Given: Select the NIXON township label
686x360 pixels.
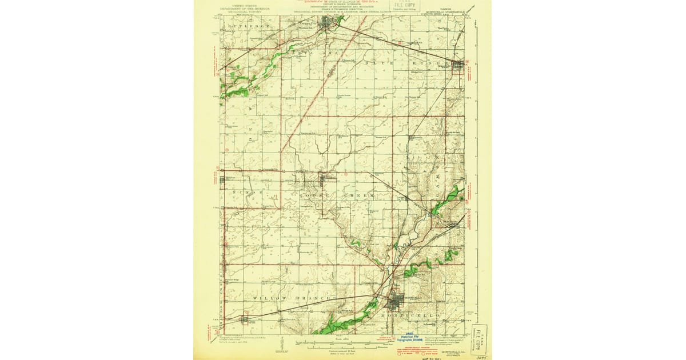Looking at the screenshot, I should tap(245, 194).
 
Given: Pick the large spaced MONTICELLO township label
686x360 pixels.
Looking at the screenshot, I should tap(407, 315).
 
